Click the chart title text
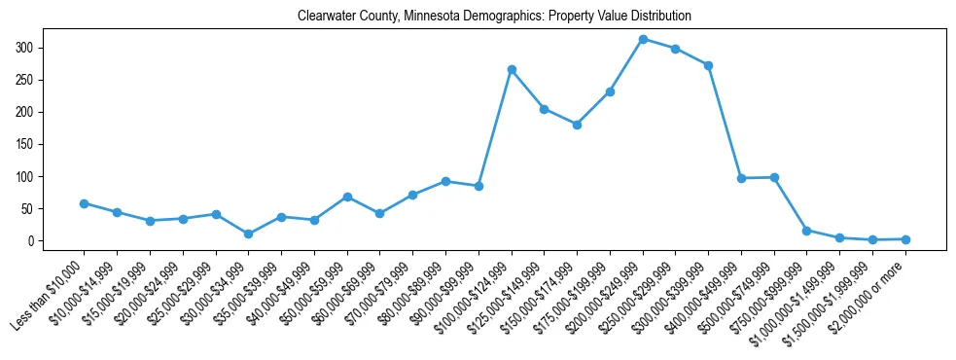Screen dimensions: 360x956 [480, 17]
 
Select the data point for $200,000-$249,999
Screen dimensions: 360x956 [643, 39]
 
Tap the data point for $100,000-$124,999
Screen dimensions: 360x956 [512, 70]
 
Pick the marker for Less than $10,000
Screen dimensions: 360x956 [85, 203]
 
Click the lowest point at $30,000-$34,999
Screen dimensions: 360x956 [249, 234]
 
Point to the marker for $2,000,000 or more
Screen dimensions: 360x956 [905, 239]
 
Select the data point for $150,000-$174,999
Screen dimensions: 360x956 [577, 125]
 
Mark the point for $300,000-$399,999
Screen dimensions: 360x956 [708, 65]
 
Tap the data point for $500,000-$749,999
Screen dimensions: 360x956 [774, 177]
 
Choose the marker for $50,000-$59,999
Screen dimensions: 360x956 [347, 197]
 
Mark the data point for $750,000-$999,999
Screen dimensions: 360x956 [806, 231]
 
